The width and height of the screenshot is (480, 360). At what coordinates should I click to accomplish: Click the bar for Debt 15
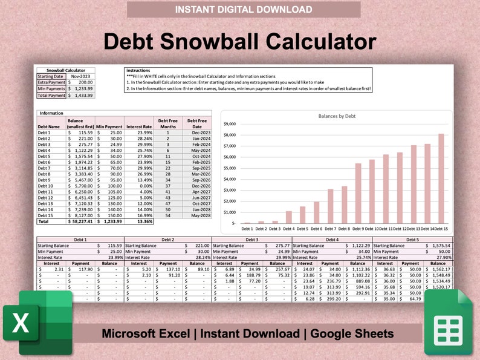click(x=441, y=178)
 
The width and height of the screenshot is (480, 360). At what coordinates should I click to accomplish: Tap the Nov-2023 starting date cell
click(x=80, y=77)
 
